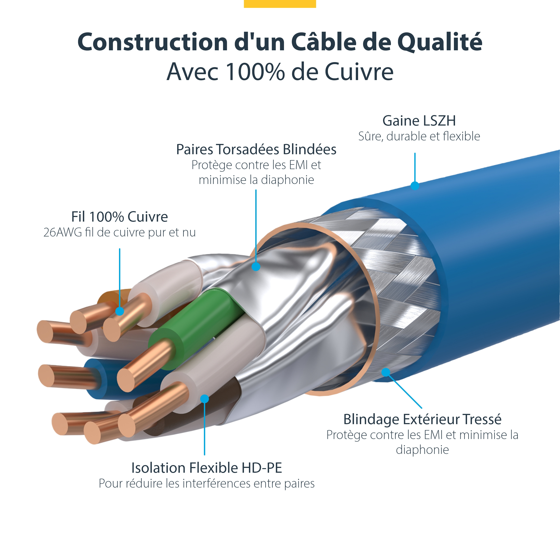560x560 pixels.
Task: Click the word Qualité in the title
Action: click(439, 42)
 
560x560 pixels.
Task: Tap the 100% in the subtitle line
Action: click(255, 72)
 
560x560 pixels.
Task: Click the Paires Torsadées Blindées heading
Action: click(256, 150)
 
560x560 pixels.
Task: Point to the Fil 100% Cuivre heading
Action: click(119, 217)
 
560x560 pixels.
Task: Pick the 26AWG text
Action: click(62, 233)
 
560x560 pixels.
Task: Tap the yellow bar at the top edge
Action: click(280, 3)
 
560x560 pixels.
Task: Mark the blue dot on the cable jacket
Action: click(415, 185)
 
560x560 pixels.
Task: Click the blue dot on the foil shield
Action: click(256, 266)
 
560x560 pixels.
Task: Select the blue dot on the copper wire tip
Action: click(120, 311)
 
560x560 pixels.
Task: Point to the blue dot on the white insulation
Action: click(205, 399)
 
